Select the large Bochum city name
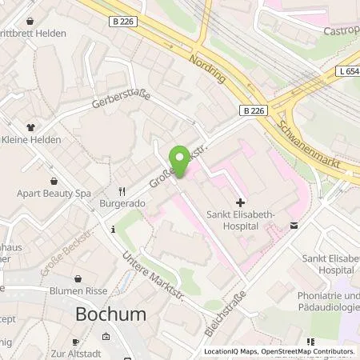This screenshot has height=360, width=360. coord(110,314)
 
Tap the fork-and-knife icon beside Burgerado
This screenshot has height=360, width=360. coord(122,192)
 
